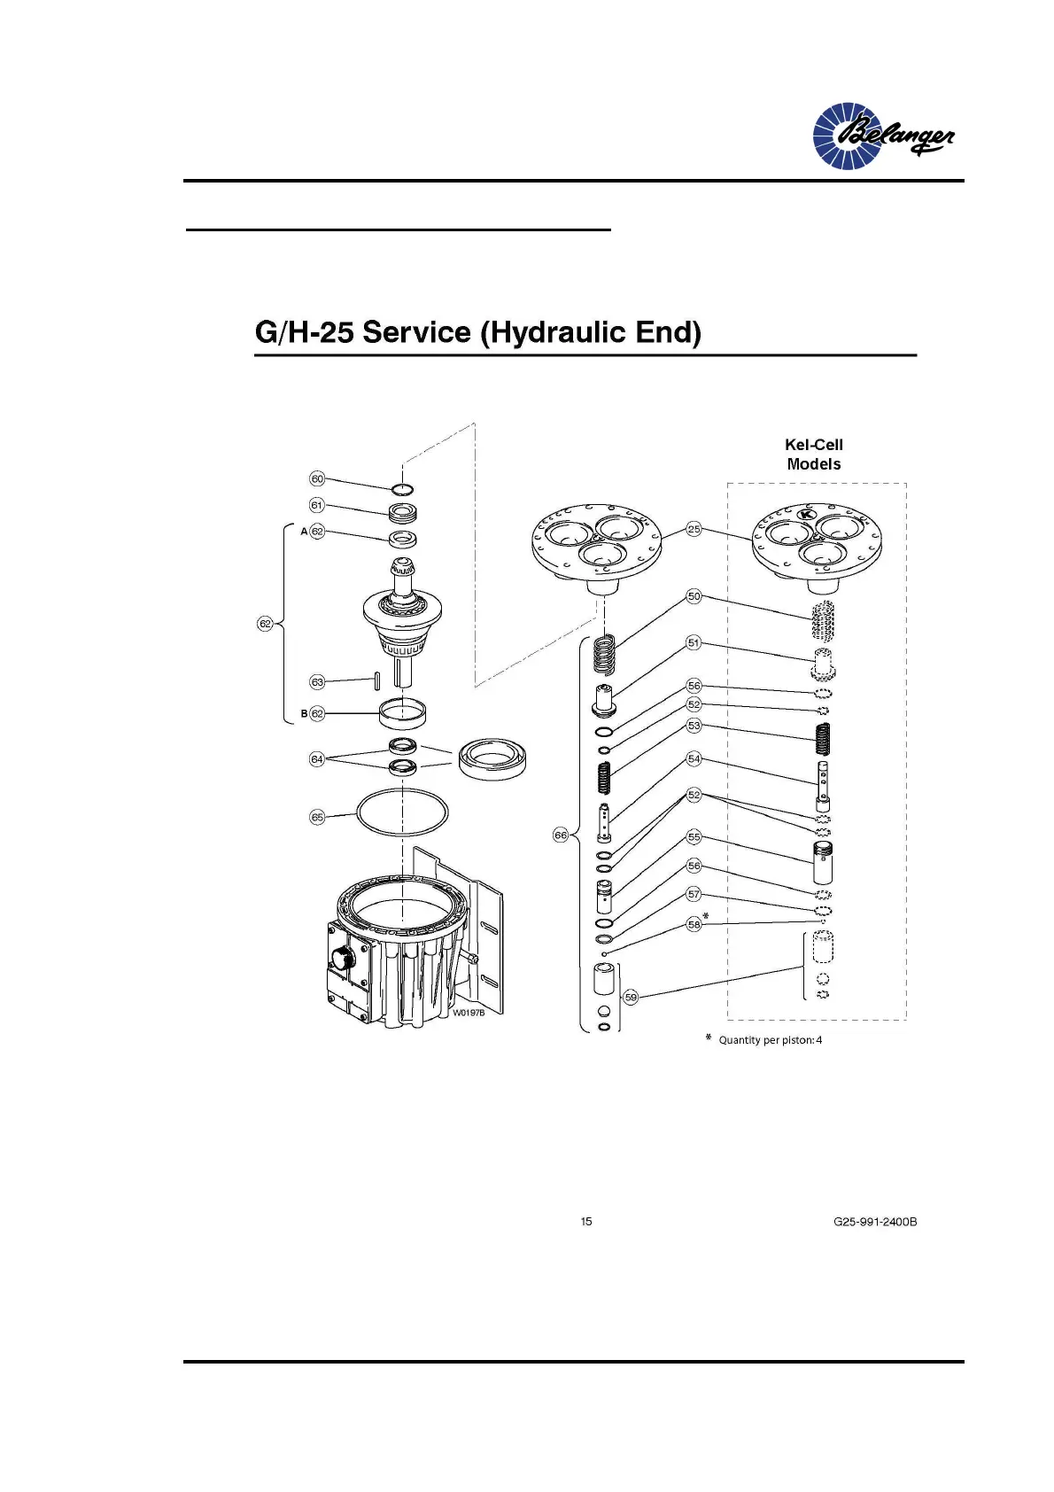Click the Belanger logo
[883, 136]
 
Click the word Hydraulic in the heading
[555, 332]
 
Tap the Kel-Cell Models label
[813, 455]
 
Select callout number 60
[317, 478]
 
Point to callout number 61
[317, 505]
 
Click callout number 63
[317, 682]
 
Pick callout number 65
[317, 817]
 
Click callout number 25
[694, 529]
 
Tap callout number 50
[694, 596]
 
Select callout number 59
[631, 998]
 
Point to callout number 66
[560, 835]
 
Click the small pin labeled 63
[377, 680]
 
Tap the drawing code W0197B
[469, 1013]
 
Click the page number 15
[586, 1222]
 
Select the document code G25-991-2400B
[874, 1222]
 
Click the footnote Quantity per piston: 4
[770, 1040]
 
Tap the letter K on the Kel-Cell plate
[806, 515]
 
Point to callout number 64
[317, 759]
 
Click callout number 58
[694, 924]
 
